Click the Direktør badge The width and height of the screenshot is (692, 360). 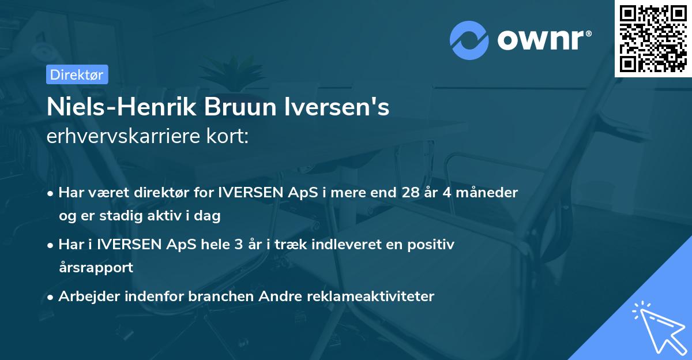pos(77,74)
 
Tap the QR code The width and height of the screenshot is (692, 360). pos(653,38)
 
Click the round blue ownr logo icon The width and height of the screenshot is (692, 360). pos(469,40)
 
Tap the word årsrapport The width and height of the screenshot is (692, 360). pos(96,268)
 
